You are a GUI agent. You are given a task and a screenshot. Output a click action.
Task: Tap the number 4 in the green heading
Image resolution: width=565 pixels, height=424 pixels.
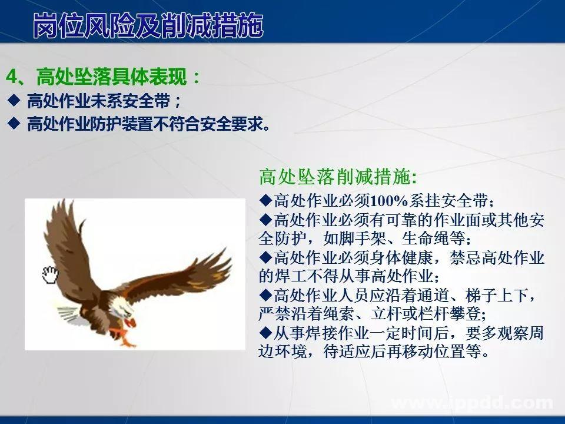point(12,77)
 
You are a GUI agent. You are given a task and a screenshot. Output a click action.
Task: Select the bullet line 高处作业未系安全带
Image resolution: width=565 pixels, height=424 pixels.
point(103,101)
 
